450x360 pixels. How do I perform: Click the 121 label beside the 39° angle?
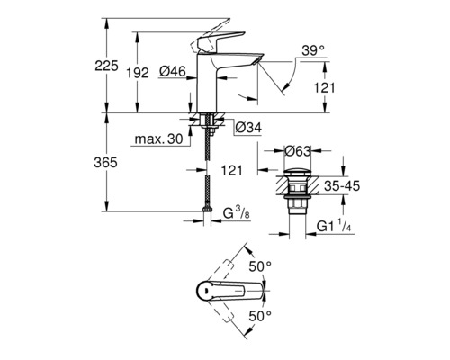click(x=328, y=88)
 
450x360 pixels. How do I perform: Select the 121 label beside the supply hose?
click(x=230, y=168)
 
